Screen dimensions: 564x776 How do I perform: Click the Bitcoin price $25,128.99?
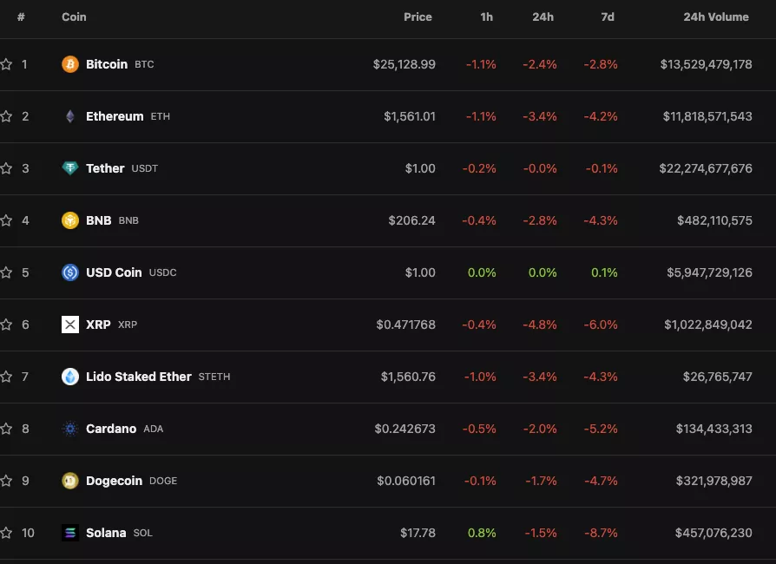(404, 64)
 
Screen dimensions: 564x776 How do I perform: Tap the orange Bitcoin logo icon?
(70, 64)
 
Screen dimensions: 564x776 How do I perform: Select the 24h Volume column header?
(715, 16)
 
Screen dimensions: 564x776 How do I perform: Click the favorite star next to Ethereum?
(6, 116)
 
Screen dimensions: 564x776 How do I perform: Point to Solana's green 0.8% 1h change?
(482, 533)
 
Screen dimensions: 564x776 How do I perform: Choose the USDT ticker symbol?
(145, 168)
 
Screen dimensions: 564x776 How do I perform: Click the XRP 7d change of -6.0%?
(601, 325)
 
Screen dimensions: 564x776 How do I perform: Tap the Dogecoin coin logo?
(70, 481)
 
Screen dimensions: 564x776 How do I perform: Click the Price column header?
(418, 16)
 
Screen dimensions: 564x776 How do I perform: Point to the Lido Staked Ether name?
(138, 377)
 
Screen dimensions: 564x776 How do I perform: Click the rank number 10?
(28, 533)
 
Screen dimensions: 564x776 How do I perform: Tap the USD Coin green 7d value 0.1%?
(604, 272)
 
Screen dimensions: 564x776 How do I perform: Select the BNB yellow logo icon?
(70, 220)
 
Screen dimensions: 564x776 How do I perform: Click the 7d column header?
(608, 16)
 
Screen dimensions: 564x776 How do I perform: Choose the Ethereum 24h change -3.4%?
(539, 116)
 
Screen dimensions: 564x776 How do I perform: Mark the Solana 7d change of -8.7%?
(601, 533)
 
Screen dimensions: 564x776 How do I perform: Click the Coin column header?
(74, 16)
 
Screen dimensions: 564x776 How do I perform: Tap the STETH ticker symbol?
(214, 377)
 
